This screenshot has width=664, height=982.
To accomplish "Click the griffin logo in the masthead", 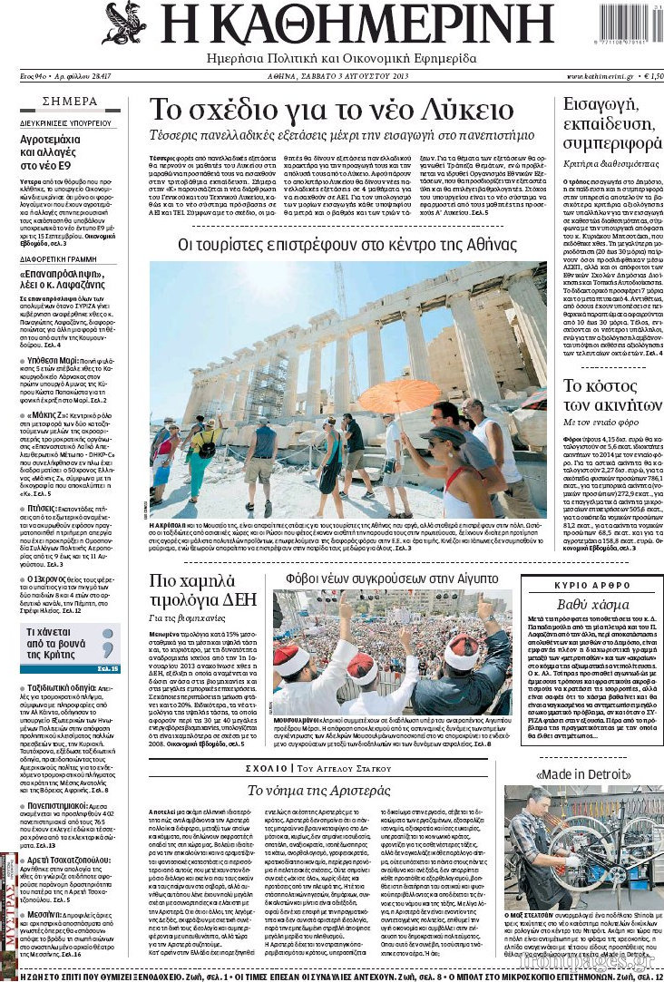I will [125, 24].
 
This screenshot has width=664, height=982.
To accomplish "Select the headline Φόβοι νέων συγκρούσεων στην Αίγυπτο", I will [392, 579].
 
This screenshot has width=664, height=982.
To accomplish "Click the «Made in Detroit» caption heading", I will [584, 775].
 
